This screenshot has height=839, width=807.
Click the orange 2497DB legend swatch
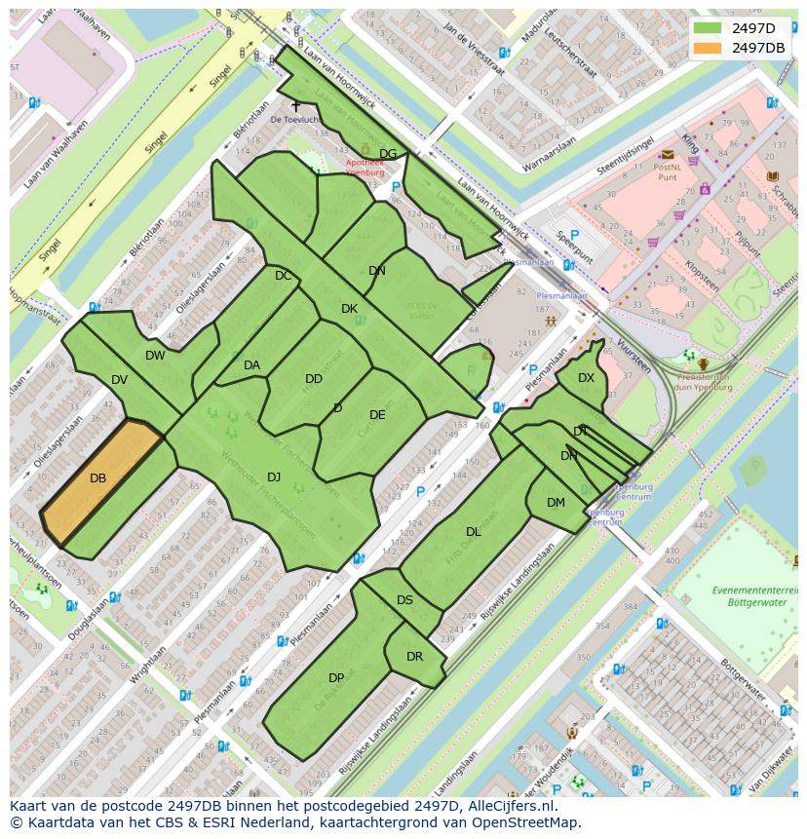[x=709, y=48]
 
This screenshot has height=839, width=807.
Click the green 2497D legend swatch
[x=709, y=28]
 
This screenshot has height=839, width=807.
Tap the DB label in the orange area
[x=97, y=478]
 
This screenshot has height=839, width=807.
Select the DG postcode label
[x=388, y=154]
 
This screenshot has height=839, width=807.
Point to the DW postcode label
[x=155, y=356]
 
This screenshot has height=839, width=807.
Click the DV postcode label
[x=119, y=380]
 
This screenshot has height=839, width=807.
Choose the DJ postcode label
[x=274, y=477]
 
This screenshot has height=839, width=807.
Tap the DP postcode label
[x=336, y=678]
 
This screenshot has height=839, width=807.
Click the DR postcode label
[x=414, y=656]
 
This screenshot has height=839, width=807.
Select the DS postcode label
[x=404, y=600]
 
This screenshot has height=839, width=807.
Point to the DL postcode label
[x=474, y=532]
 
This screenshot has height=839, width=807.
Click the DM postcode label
[x=556, y=503]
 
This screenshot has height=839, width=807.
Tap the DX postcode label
[x=586, y=378]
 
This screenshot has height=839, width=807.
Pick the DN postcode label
[x=377, y=271]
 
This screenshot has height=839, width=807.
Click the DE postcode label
[x=377, y=415]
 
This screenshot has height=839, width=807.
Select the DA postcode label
[x=251, y=365]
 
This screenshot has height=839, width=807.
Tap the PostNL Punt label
[x=667, y=172]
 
